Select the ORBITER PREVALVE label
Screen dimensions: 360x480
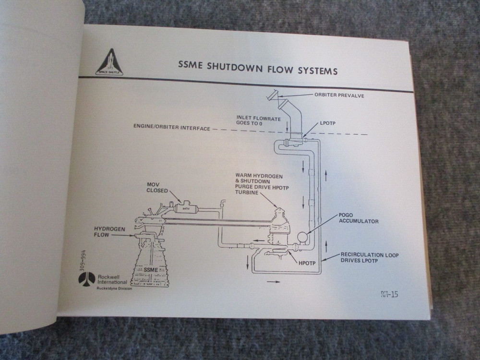pos(339,96)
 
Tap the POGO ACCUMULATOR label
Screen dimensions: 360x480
pos(359,218)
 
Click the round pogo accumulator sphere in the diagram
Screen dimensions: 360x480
pos(303,237)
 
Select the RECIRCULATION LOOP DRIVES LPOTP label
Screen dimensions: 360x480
pos(370,259)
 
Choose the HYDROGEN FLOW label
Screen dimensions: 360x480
pos(110,232)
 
